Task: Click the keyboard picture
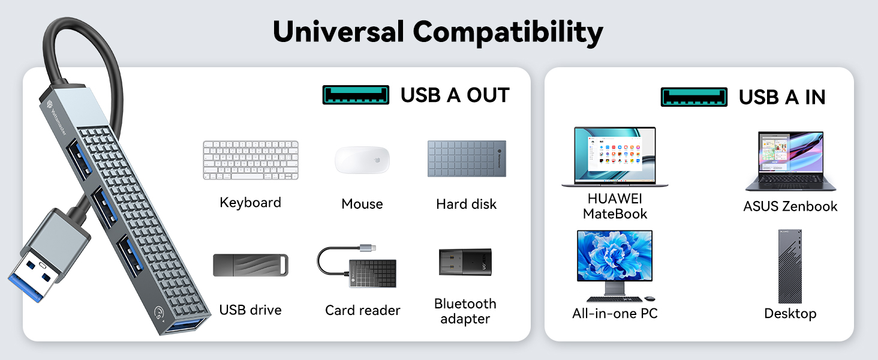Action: coord(250,160)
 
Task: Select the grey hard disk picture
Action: coord(467,159)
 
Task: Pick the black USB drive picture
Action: coord(250,265)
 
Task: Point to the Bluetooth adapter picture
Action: coord(465,262)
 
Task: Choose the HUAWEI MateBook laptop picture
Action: coord(615,157)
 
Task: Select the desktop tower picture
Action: coord(790,266)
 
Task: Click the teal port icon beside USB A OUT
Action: coord(356,95)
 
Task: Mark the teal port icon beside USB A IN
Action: coord(694,97)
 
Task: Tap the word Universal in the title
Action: coord(338,31)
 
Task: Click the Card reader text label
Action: coord(362,310)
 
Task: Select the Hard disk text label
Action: coord(467,204)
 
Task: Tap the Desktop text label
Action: coord(790,313)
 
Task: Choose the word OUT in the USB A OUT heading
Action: coord(488,95)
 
